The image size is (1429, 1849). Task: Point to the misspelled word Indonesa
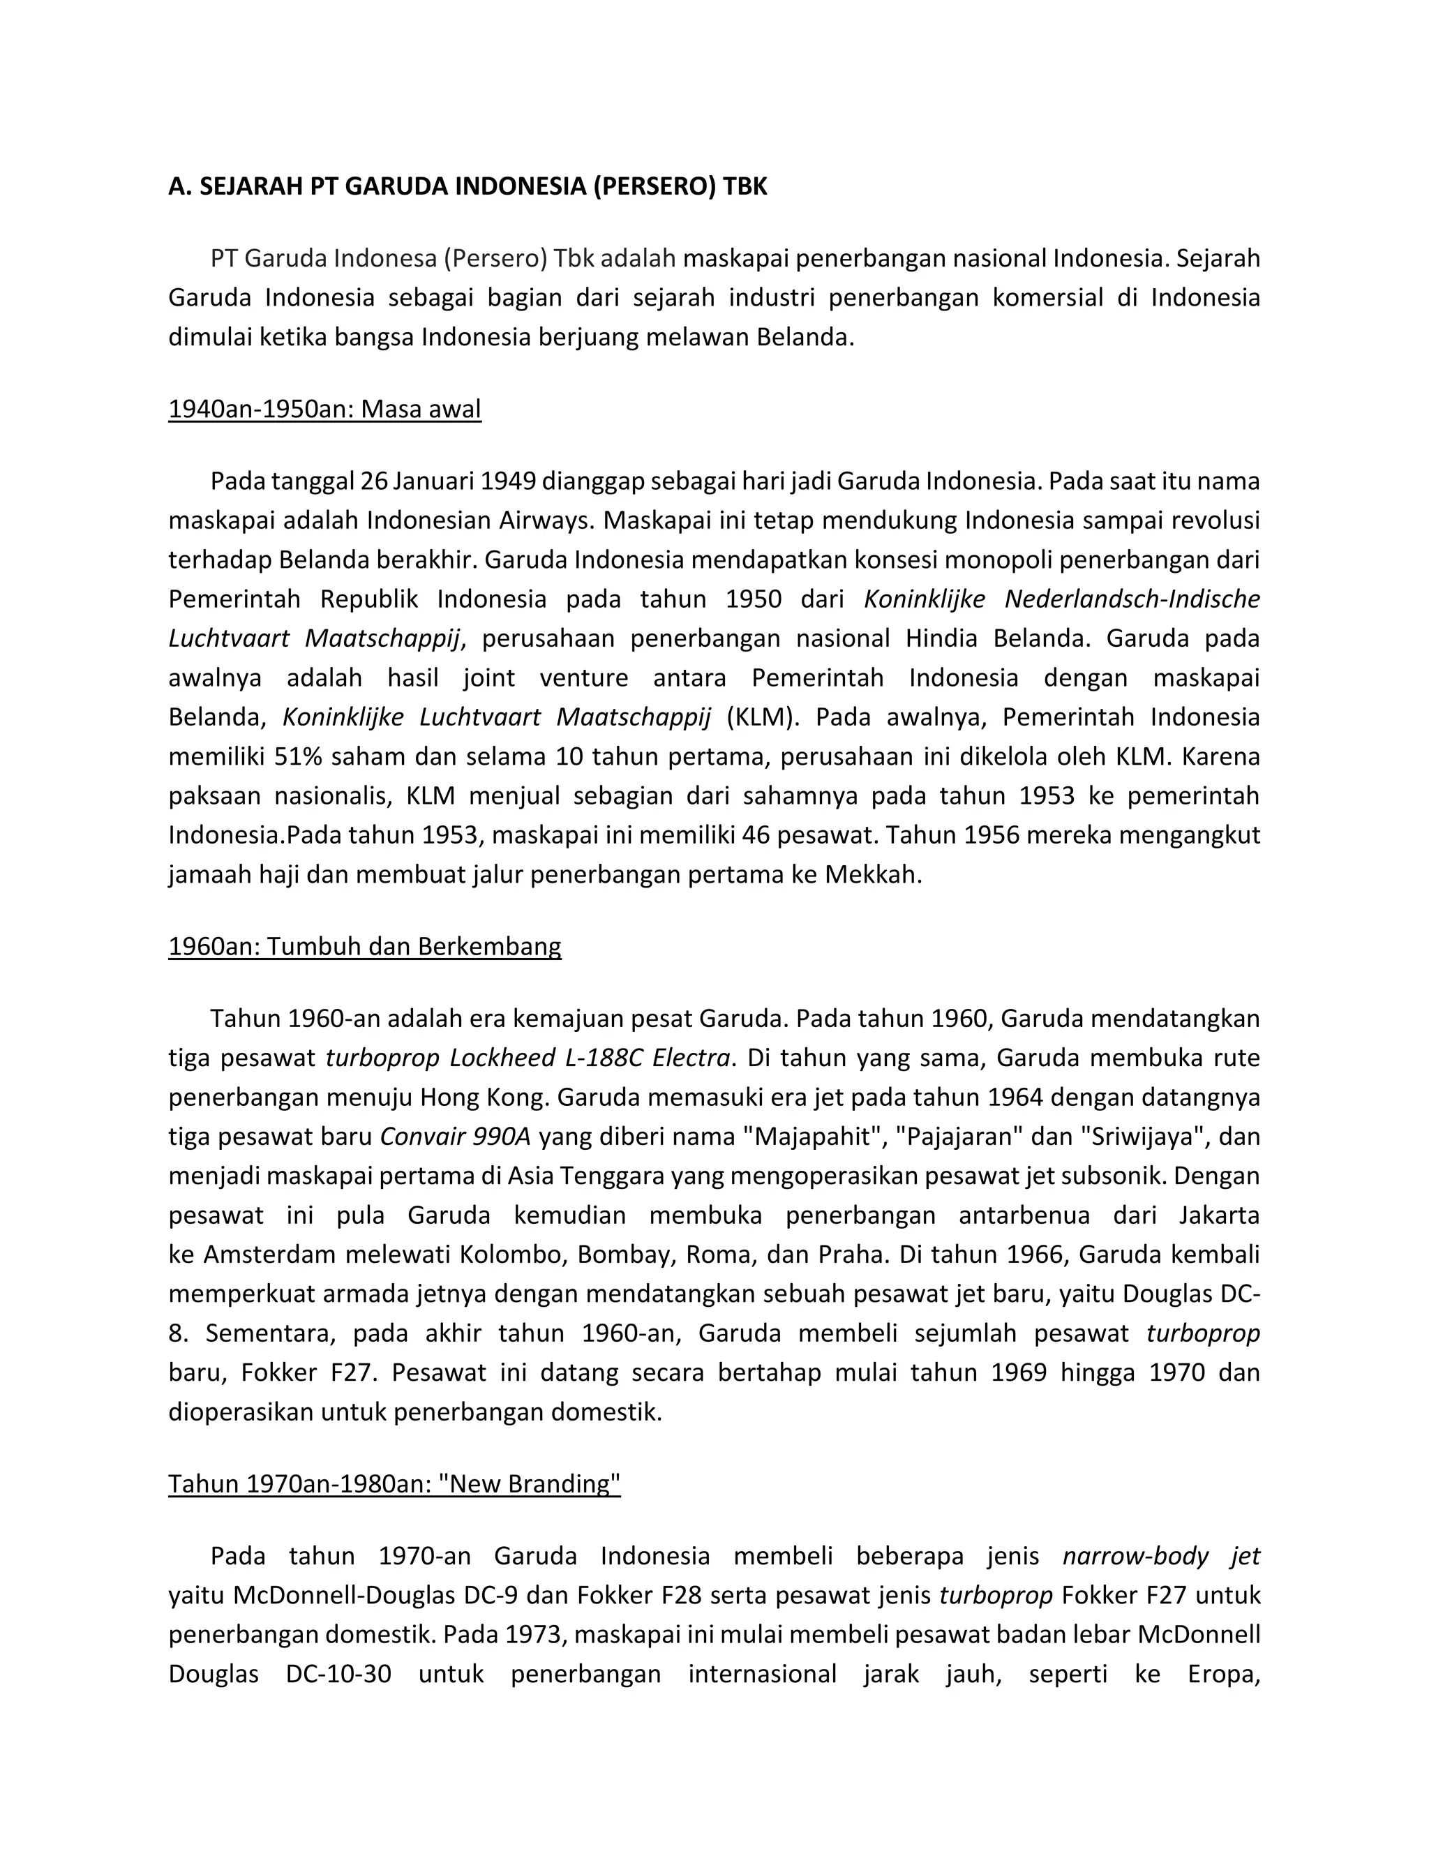click(384, 258)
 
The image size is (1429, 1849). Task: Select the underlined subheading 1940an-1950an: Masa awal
click(324, 409)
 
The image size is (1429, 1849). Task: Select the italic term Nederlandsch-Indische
click(1132, 599)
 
